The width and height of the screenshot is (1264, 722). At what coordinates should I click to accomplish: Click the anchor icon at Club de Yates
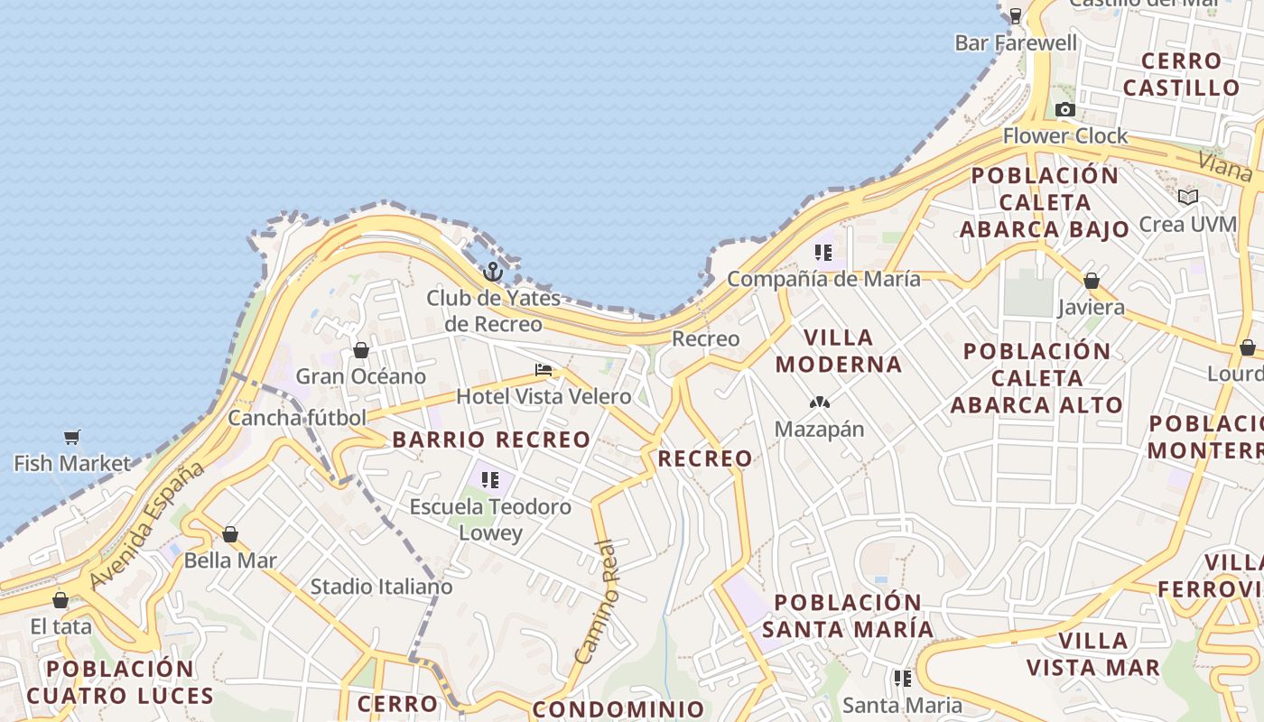tap(493, 271)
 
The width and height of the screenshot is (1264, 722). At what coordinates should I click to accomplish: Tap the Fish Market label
tap(72, 464)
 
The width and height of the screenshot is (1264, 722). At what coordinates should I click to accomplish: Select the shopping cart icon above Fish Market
tap(72, 438)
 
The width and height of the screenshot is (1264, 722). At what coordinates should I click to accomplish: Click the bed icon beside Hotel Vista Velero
tap(544, 370)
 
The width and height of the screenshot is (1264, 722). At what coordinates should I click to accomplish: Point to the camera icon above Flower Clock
tap(1065, 110)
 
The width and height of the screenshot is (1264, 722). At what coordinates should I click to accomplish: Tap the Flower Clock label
tap(1065, 136)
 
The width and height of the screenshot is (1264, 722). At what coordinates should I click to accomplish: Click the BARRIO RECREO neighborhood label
tap(491, 440)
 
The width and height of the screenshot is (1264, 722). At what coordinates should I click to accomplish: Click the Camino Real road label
tap(599, 601)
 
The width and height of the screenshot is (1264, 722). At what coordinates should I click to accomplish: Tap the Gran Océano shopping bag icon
tap(361, 350)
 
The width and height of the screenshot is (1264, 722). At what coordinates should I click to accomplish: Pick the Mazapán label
tap(819, 430)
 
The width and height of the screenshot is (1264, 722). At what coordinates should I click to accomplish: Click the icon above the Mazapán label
tap(819, 403)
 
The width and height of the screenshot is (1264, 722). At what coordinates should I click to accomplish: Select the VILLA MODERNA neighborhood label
tap(838, 351)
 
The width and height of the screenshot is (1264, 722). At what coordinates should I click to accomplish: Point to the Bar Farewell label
tap(1016, 43)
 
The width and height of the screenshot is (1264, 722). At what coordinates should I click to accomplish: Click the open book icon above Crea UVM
tap(1188, 197)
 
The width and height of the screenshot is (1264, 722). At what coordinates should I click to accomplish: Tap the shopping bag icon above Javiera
tap(1092, 282)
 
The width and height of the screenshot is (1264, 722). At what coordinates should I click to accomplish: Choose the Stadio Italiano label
tap(381, 588)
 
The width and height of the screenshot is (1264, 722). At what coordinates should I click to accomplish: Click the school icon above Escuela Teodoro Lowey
tap(490, 480)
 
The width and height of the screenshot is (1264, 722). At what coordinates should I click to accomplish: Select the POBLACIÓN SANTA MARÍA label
tap(848, 616)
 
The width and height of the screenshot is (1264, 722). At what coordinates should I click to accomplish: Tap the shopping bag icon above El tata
tap(60, 600)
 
